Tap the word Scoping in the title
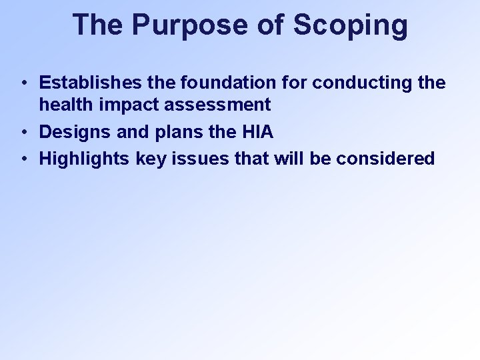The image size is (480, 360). [x=350, y=25]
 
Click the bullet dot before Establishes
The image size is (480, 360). [x=23, y=83]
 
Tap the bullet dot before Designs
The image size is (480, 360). [x=23, y=133]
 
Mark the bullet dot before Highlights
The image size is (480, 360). [x=23, y=159]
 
